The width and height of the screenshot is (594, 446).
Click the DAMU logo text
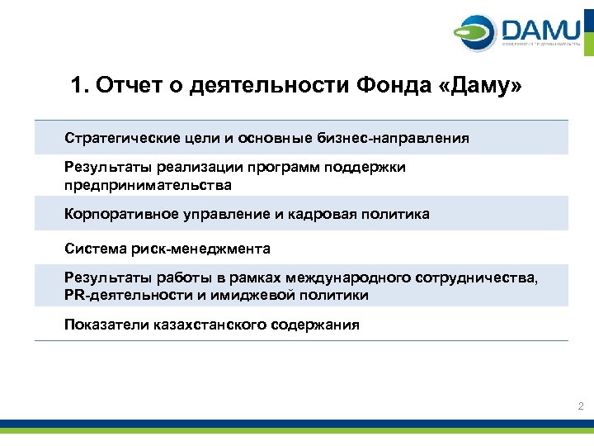coord(540,31)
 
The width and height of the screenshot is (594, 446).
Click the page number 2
coord(581,406)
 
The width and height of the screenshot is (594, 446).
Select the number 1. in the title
coord(80,87)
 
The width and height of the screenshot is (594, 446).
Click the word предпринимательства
coord(148,185)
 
